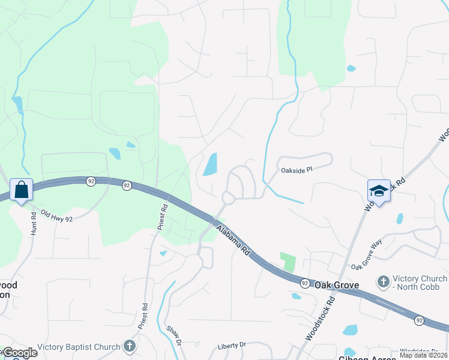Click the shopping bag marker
click(x=22, y=190)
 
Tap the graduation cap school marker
click(x=379, y=191)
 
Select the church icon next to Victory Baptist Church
click(x=129, y=346)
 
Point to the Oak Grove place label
click(x=337, y=285)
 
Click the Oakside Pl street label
click(x=297, y=170)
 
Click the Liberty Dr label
click(x=232, y=345)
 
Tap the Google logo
click(x=19, y=353)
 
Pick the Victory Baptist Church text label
click(x=79, y=346)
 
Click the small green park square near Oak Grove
click(x=288, y=262)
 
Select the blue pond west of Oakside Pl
click(x=210, y=164)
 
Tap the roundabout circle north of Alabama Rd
click(x=228, y=197)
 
